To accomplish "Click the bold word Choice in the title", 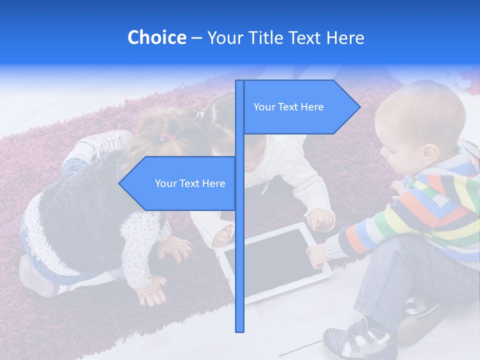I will point(156,38).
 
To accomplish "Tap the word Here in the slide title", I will point(345,38).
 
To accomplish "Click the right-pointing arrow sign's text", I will point(288,107).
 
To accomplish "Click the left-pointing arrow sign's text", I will point(190,183).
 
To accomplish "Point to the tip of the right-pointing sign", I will point(359,106).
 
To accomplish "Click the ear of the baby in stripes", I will point(428,153).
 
